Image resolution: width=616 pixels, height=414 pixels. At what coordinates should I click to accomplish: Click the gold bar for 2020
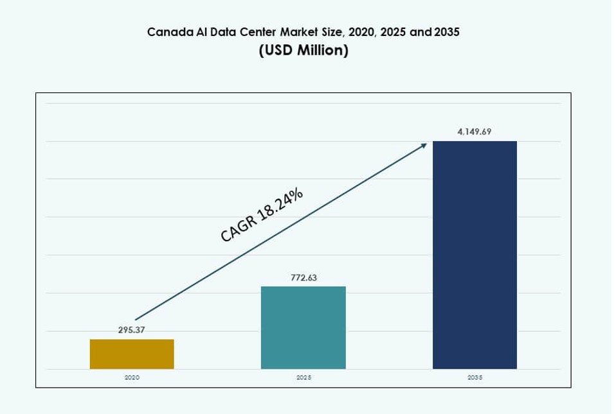[132, 354]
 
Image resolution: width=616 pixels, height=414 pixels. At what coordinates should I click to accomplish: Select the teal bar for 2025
[303, 327]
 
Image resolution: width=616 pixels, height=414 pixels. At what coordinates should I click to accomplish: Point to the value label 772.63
[303, 277]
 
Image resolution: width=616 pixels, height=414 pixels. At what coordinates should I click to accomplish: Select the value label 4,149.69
[475, 132]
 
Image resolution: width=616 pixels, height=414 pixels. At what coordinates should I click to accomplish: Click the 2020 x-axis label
[132, 377]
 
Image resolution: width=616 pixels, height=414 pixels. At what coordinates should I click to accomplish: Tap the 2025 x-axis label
[303, 377]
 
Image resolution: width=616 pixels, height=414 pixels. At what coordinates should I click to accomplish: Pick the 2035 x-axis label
[475, 377]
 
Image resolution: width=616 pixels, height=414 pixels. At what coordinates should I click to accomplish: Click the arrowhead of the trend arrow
[424, 145]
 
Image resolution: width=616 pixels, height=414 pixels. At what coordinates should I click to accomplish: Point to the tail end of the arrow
[137, 318]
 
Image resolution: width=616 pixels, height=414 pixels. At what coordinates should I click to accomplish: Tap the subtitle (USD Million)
[303, 51]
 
